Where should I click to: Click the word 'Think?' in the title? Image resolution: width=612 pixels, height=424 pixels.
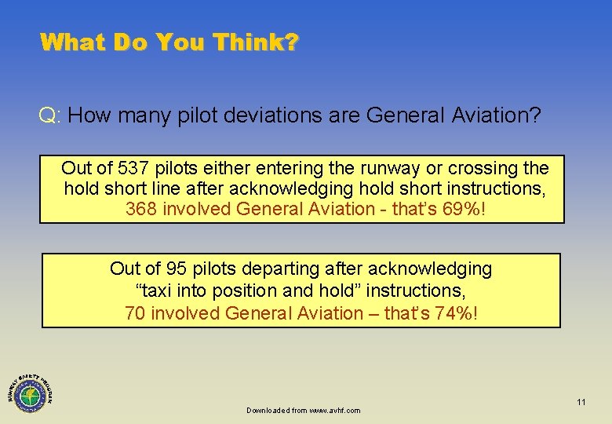(255, 42)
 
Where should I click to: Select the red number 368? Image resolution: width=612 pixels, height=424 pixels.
(141, 209)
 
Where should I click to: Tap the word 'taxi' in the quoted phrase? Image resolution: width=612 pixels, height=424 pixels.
(157, 291)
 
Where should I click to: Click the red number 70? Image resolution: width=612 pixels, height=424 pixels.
(135, 313)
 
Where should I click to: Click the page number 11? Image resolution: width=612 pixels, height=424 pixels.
(581, 402)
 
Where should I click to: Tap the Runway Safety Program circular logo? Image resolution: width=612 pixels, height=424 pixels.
(31, 390)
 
